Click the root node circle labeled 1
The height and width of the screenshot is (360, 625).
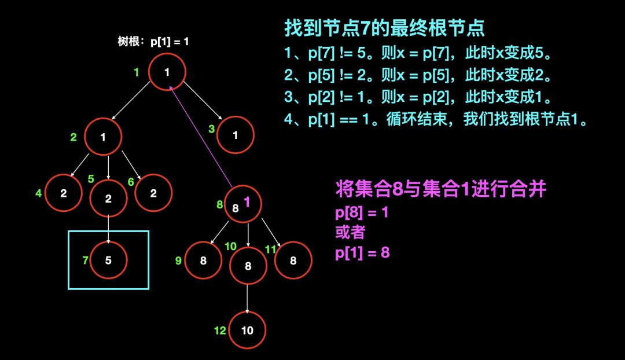point(167,72)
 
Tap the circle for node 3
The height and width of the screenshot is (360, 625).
point(236,135)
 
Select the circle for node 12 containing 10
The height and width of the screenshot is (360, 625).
point(247,330)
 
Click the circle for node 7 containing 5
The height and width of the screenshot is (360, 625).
point(109,260)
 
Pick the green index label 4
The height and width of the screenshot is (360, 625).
point(39,193)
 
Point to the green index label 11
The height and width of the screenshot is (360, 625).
point(270,249)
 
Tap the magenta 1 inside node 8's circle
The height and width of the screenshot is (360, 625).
point(247,202)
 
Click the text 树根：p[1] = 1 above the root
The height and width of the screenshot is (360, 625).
point(153,42)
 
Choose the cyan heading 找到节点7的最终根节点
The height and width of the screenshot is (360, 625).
point(384,28)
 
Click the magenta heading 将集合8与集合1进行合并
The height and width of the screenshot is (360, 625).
point(441,189)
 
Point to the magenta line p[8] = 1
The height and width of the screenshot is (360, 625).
point(362,212)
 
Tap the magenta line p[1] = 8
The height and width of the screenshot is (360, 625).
point(362,253)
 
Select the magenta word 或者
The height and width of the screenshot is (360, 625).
point(351,233)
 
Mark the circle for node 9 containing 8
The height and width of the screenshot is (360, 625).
point(203,260)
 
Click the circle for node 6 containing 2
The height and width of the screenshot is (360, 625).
point(153,193)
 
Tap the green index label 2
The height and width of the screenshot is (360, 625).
point(73,137)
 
